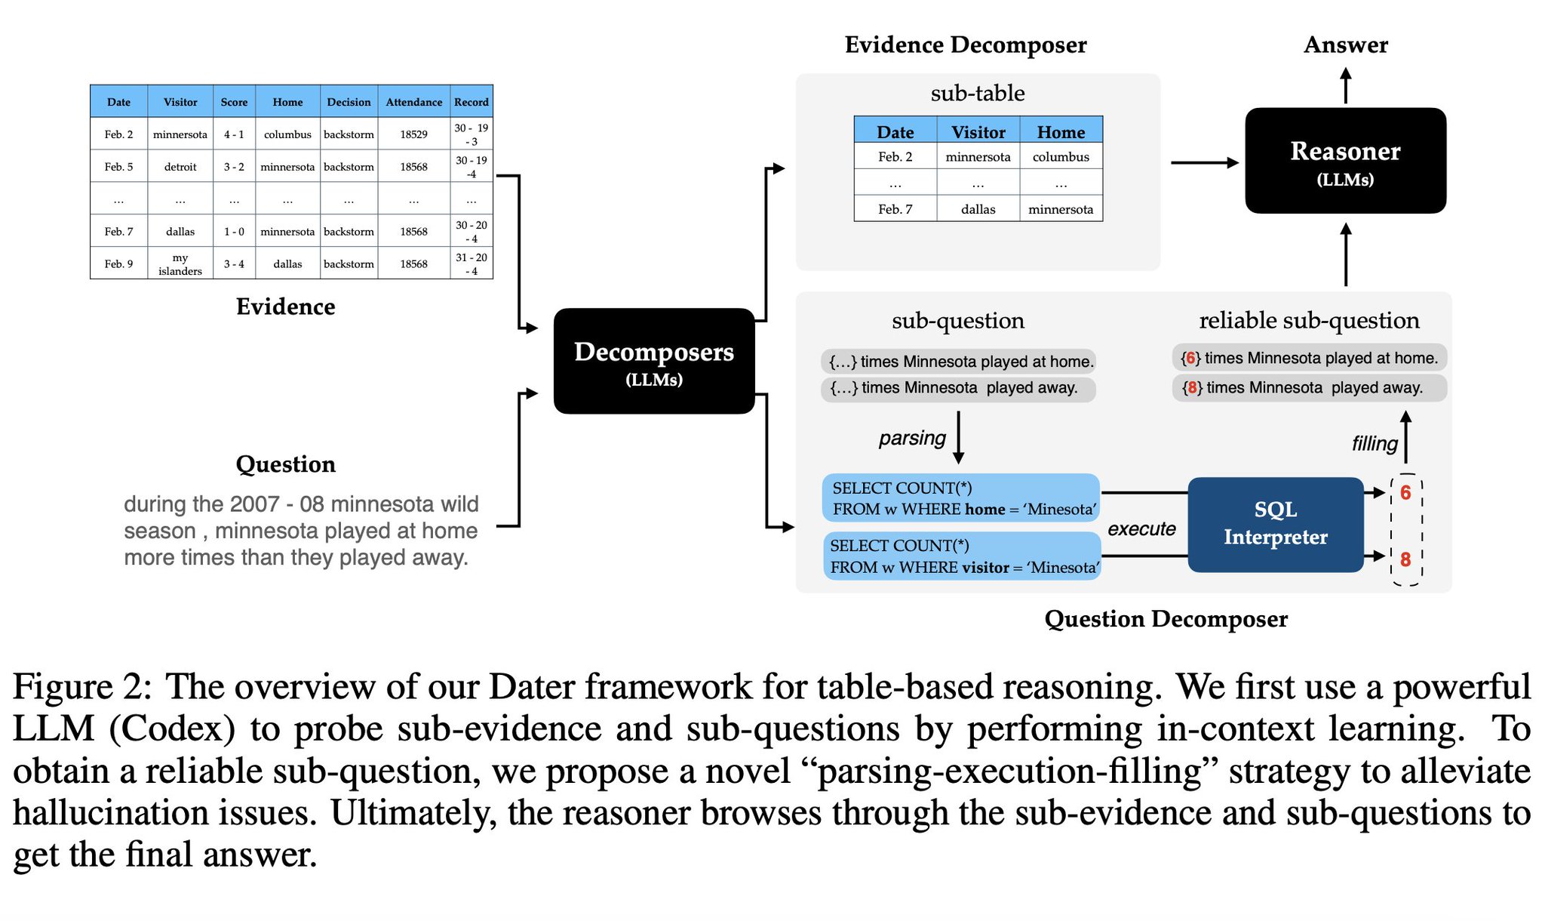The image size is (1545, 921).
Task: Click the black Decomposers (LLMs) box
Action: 653,361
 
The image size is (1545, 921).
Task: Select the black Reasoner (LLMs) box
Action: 1345,161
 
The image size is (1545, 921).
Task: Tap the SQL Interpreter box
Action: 1275,524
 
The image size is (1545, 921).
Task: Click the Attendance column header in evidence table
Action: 413,102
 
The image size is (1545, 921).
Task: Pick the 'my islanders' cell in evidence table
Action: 180,264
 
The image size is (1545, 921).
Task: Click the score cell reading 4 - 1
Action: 234,134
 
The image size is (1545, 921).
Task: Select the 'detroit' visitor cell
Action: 180,167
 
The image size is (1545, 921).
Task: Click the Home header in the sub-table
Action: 1061,132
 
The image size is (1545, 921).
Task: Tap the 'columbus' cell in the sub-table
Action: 1061,157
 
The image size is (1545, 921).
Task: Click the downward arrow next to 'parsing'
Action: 958,437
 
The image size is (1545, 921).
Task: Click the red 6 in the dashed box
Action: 1405,493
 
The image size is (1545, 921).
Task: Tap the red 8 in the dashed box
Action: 1405,559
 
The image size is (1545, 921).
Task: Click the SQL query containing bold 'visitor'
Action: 962,556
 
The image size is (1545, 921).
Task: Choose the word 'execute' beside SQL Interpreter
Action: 1141,528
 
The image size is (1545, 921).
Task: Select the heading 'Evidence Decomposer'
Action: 966,45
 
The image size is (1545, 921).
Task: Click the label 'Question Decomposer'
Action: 1166,619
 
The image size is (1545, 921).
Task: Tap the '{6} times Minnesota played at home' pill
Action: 1309,358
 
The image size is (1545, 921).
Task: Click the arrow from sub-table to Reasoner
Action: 1204,162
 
